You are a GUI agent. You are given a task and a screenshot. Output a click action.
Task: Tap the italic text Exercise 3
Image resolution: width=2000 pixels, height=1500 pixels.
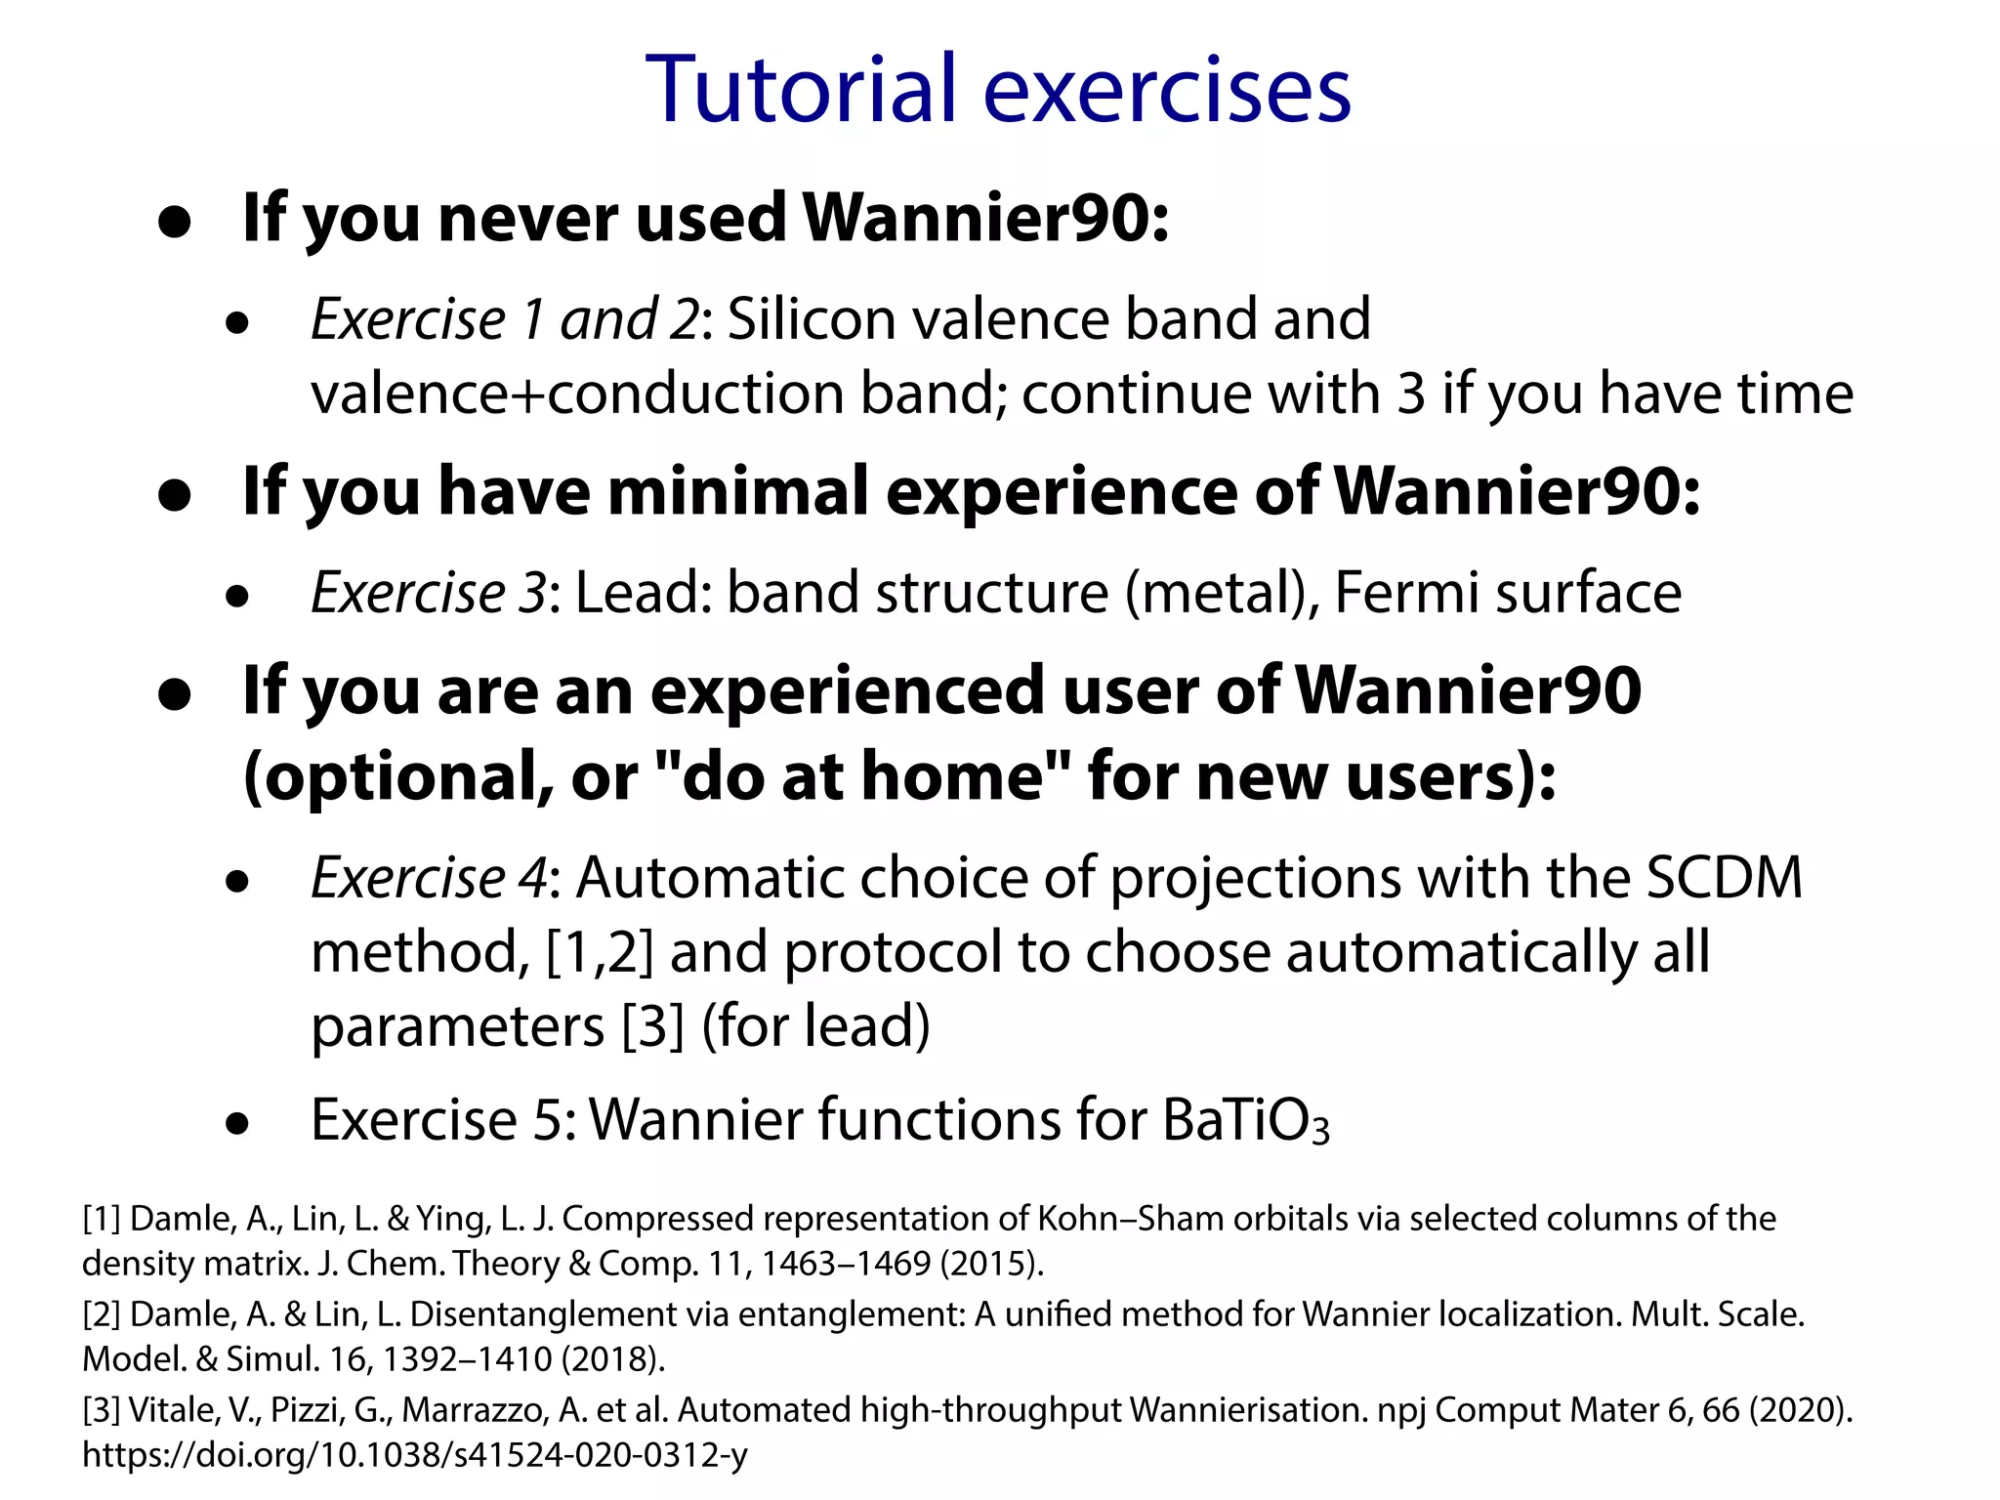tap(428, 592)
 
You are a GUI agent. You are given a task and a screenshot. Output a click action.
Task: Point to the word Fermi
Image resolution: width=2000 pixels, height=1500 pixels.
tap(1405, 592)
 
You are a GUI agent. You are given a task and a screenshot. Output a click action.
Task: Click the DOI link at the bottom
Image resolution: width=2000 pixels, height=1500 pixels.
tap(415, 1455)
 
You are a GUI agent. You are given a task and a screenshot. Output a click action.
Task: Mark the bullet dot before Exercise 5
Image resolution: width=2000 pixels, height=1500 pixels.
tap(236, 1123)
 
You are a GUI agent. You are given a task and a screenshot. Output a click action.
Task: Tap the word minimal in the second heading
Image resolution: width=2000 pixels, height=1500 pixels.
tap(738, 490)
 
